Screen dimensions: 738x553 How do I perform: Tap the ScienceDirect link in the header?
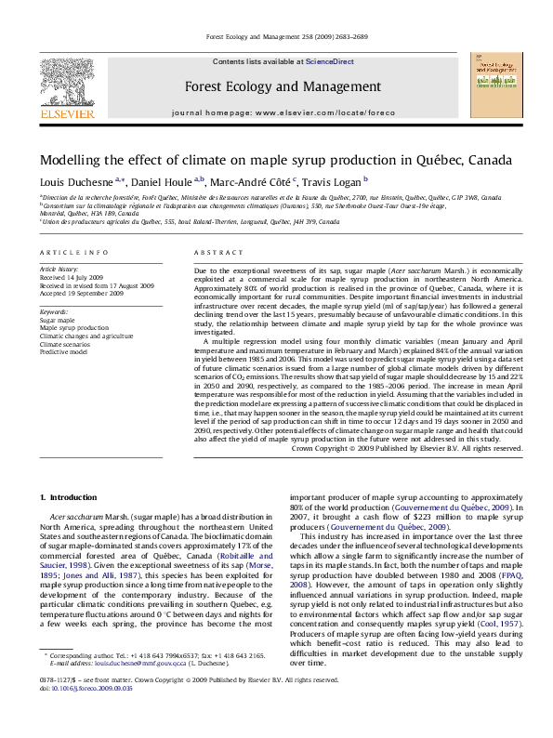pyautogui.click(x=330, y=61)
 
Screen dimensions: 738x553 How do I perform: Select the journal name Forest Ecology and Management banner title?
pyautogui.click(x=283, y=86)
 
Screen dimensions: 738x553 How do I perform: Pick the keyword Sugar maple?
pyautogui.click(x=59, y=320)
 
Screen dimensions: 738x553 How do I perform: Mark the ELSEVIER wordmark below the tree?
pyautogui.click(x=66, y=113)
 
